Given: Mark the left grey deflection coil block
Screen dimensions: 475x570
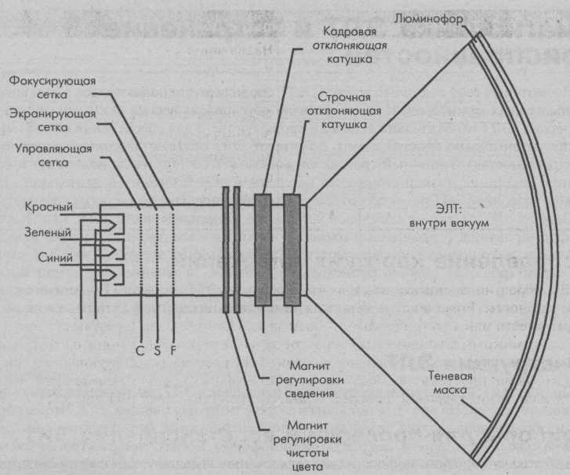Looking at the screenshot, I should (263, 250).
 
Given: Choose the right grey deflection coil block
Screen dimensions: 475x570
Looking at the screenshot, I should (292, 250).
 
